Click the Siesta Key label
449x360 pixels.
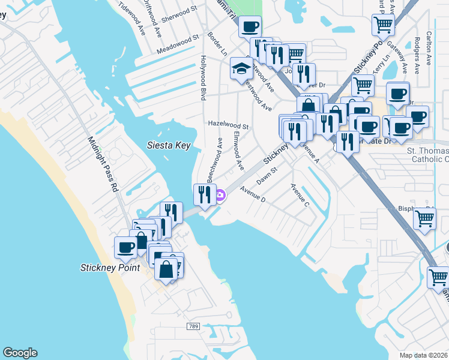[x=169, y=145]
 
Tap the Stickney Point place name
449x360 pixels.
[x=110, y=267]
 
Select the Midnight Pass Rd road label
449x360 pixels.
[x=104, y=166]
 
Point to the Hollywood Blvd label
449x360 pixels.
[x=203, y=79]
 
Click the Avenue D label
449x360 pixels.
[x=253, y=194]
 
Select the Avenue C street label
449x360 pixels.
[x=300, y=195]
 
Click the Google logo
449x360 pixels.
[x=20, y=353]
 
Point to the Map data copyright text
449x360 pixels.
[x=423, y=355]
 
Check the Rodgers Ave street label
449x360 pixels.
[x=417, y=52]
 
